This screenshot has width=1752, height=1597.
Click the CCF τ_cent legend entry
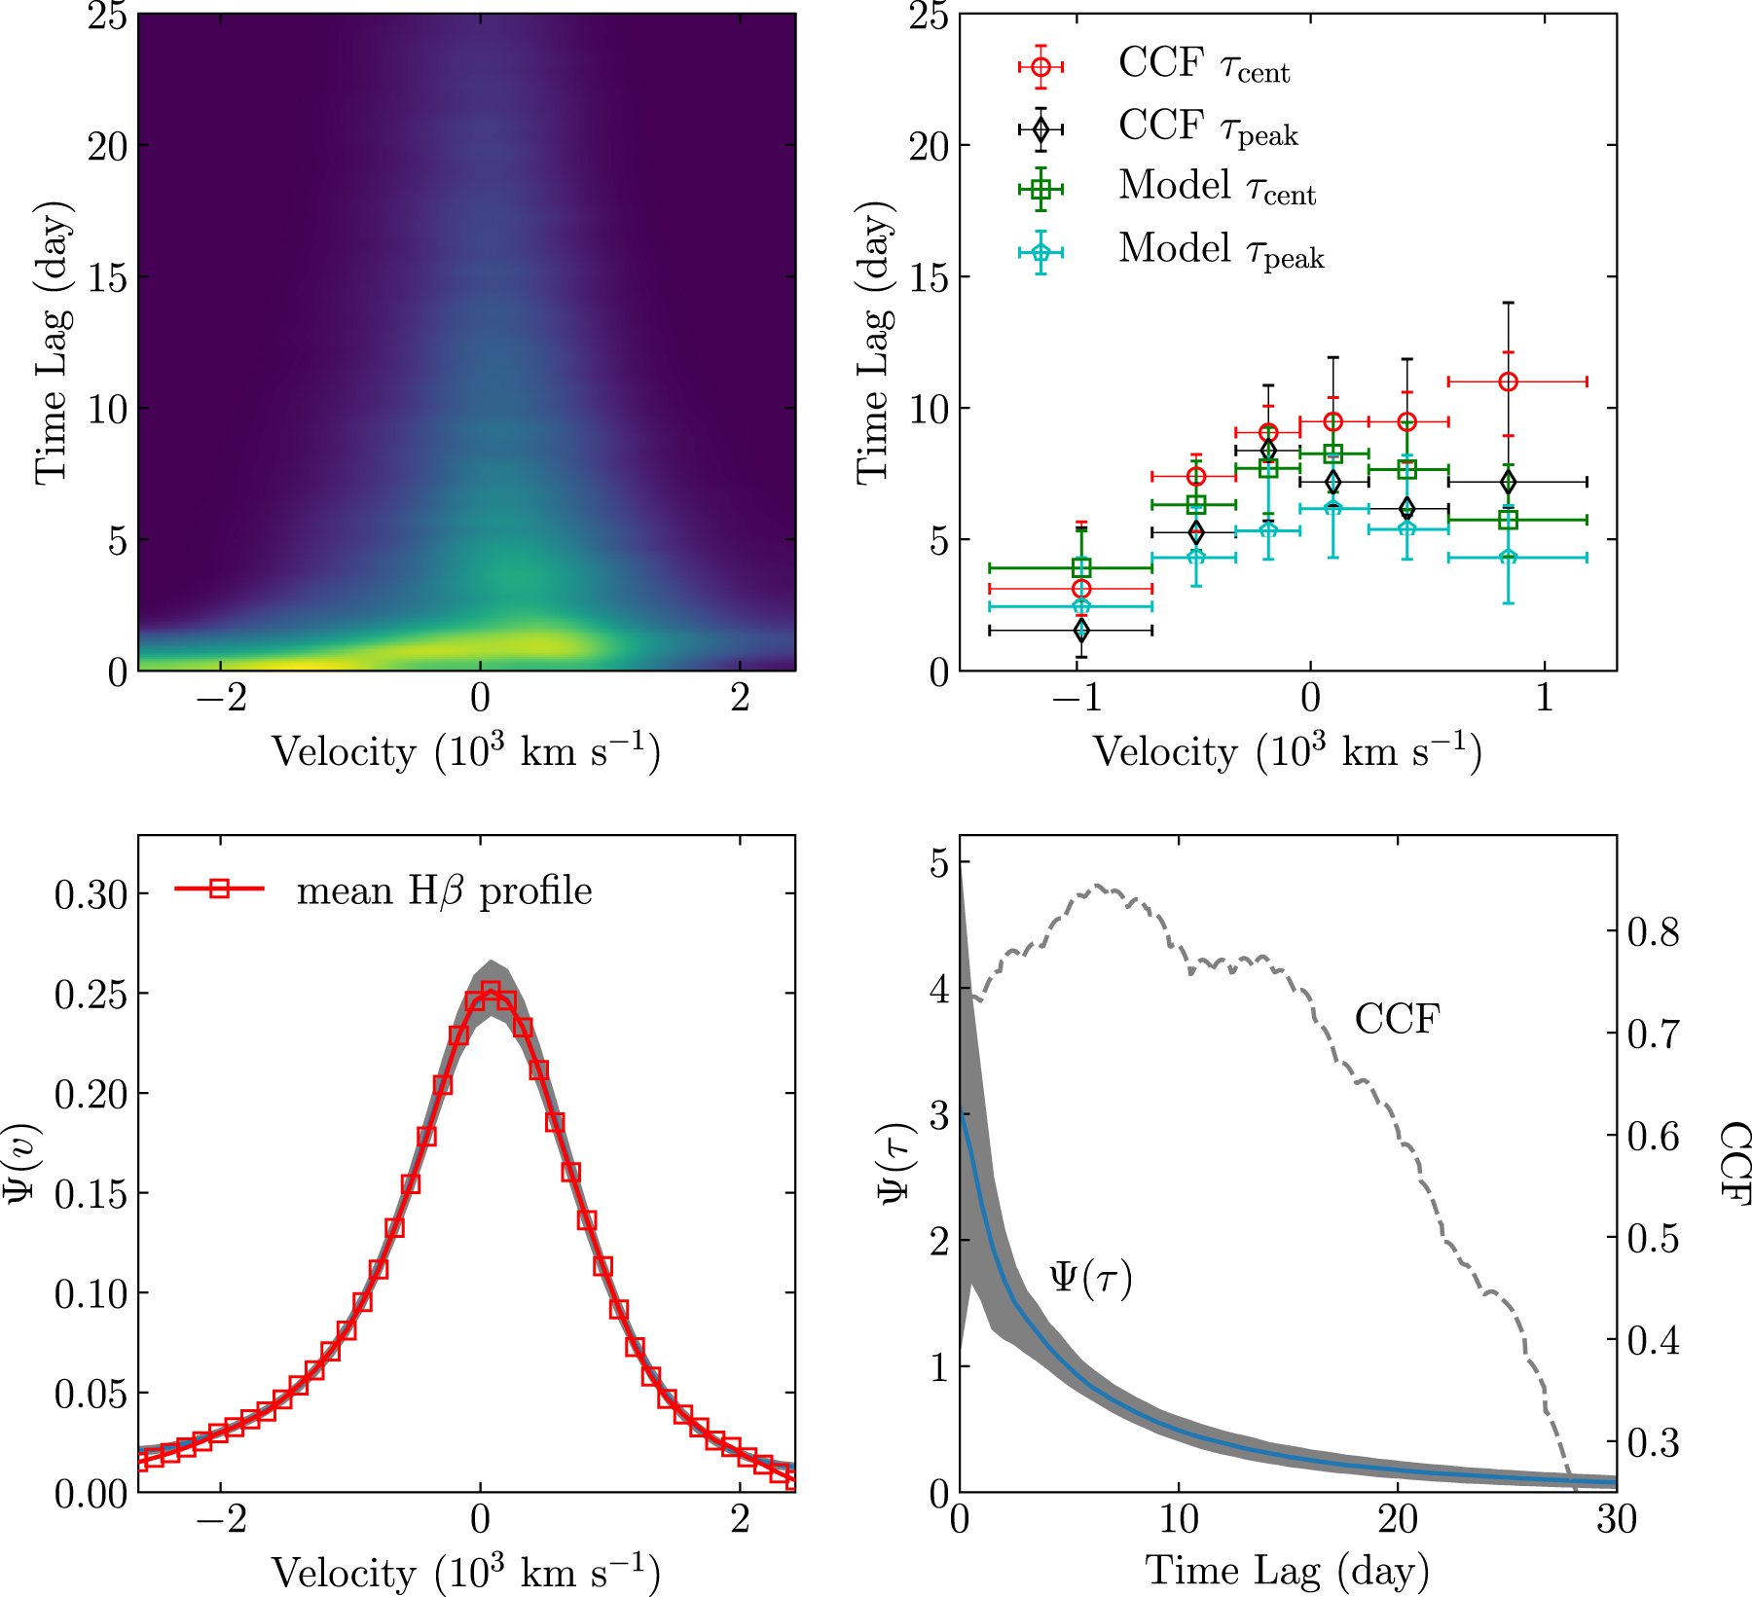[1203, 66]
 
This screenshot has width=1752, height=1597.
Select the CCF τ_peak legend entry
[1207, 128]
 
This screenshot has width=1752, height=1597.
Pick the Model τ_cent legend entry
[1217, 189]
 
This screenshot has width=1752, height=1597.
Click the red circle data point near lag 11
[1508, 381]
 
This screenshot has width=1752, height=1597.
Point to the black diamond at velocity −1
[1080, 631]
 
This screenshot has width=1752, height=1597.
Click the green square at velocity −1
[1080, 567]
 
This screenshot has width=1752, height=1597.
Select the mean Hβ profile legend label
[444, 890]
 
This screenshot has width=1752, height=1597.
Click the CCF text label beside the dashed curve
[1397, 1019]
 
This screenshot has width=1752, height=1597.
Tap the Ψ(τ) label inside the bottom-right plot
[1090, 1278]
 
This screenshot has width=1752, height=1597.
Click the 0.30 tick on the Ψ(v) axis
[91, 894]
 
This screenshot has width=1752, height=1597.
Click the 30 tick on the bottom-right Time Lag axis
[1616, 1519]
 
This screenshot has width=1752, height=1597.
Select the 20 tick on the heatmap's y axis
[107, 146]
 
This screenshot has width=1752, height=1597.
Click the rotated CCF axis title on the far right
[1734, 1163]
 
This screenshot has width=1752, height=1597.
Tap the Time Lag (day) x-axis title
[1287, 1570]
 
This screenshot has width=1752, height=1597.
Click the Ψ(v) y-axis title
[21, 1163]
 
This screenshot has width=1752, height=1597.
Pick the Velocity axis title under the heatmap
[465, 752]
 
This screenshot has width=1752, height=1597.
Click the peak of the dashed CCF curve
[1097, 886]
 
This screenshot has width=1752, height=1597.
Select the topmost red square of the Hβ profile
[491, 992]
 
